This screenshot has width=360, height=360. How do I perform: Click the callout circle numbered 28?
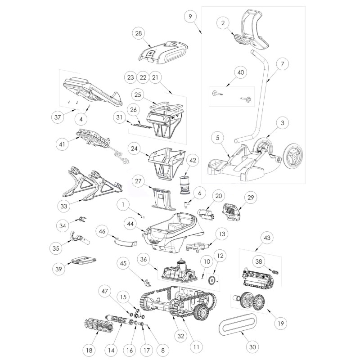point(139,33)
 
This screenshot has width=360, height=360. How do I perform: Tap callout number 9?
point(190,17)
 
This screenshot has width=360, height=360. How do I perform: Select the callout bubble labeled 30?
point(252,346)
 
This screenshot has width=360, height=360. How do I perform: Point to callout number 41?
point(62,144)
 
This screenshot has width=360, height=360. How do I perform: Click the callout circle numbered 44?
point(130,224)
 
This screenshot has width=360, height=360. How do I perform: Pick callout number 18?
point(89,350)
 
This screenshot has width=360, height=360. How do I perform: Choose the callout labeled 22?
point(143,77)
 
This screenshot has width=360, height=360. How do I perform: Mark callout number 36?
point(144,259)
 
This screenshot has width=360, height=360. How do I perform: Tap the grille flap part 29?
point(231,211)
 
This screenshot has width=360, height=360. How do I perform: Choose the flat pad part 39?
point(84,261)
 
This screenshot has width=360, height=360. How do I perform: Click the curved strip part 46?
point(126,242)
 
